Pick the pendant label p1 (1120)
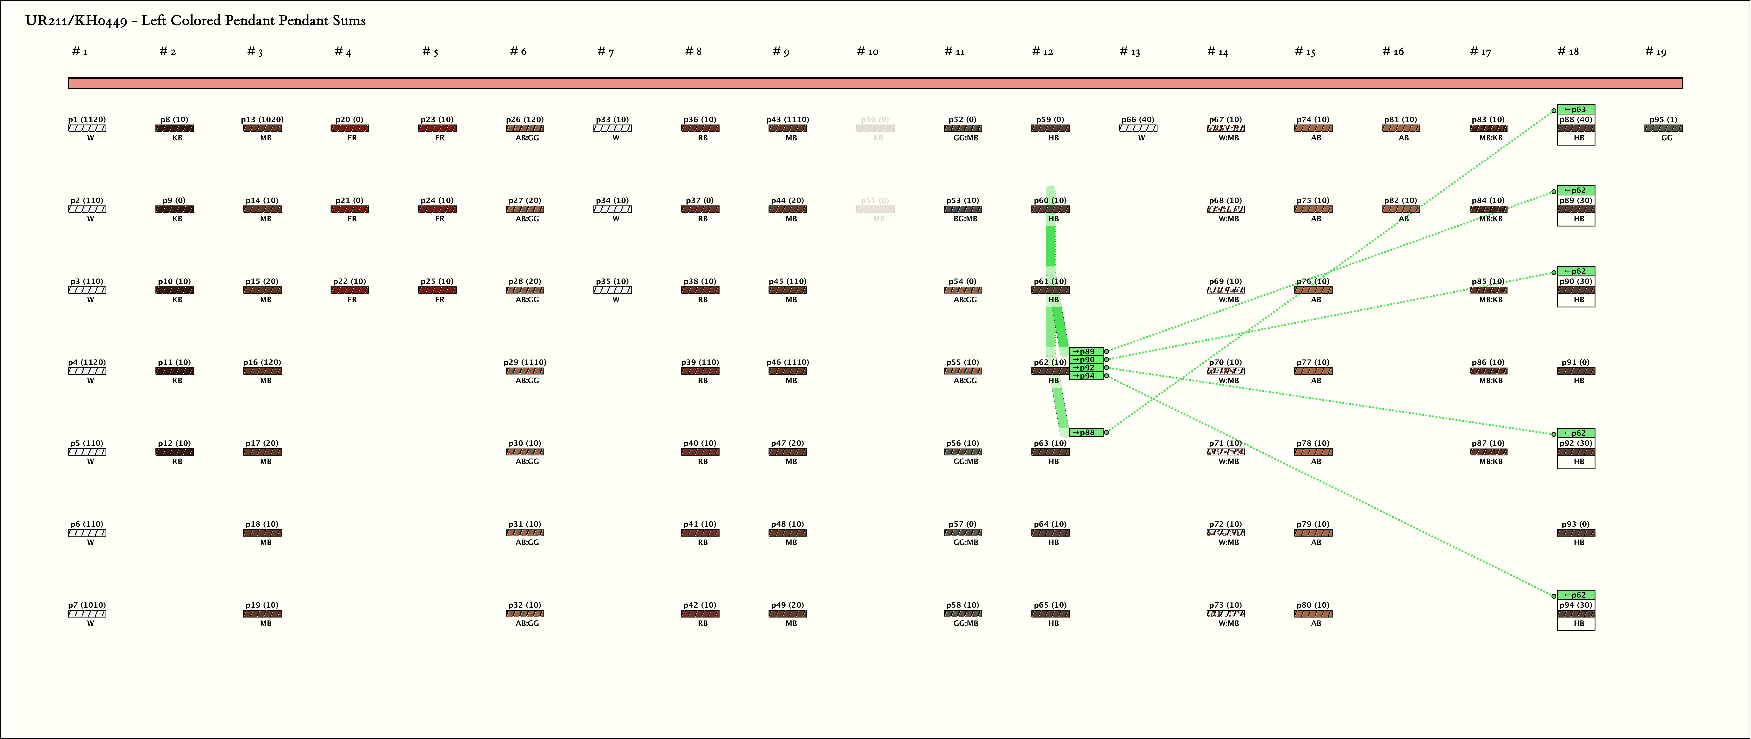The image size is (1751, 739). [x=87, y=120]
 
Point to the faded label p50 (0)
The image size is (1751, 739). [x=875, y=120]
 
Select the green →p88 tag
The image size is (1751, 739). [x=1085, y=432]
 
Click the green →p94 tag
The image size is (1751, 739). [x=1085, y=376]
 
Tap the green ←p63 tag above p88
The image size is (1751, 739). [x=1576, y=109]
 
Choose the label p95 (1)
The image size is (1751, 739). [x=1663, y=120]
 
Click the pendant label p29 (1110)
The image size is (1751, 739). [x=525, y=362]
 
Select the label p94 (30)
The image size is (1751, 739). [x=1576, y=605]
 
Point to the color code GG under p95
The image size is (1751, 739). [x=1667, y=138]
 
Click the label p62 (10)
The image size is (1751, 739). [x=1050, y=362]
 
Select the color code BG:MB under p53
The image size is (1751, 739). [x=965, y=219]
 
